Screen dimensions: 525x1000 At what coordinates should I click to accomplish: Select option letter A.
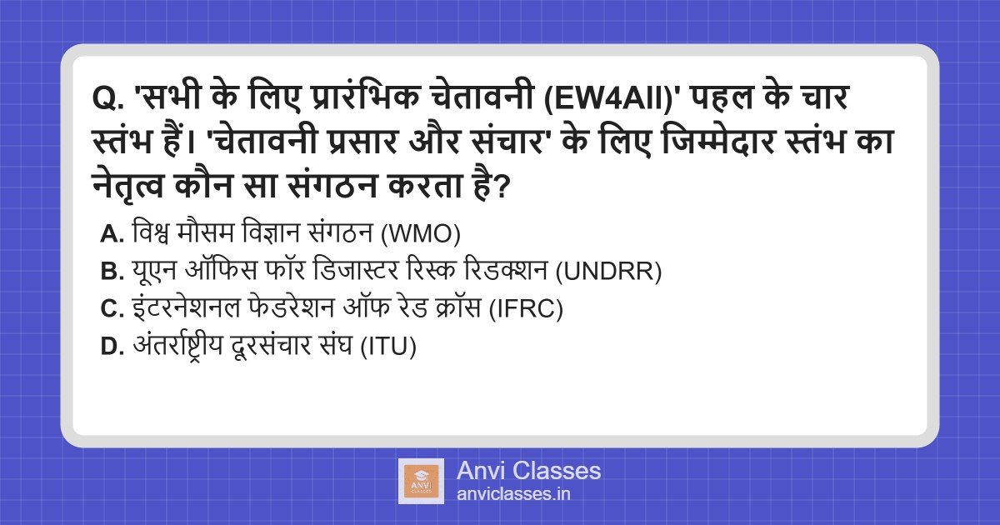[112, 235]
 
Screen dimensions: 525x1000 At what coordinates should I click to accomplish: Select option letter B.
[112, 272]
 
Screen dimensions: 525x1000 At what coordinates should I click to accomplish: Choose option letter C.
[112, 309]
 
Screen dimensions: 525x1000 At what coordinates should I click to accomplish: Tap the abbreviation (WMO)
[421, 235]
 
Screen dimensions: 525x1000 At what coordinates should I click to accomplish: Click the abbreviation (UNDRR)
[608, 272]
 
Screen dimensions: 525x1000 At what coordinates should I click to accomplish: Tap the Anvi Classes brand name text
[528, 471]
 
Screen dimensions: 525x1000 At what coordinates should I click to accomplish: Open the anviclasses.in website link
[513, 494]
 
